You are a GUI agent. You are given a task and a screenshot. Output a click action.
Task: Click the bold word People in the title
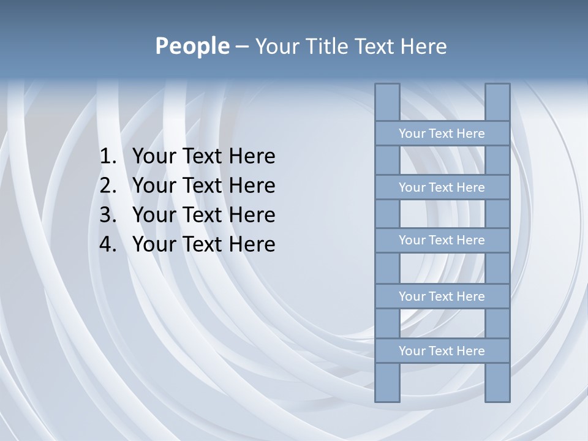[x=192, y=47]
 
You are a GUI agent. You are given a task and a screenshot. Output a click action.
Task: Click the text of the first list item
[x=203, y=157]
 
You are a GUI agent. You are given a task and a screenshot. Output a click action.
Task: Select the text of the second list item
[x=203, y=186]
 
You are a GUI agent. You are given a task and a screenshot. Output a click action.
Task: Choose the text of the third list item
[x=203, y=215]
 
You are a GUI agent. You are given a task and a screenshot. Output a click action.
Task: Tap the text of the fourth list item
[x=203, y=244]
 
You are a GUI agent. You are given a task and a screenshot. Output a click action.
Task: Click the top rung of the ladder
[x=442, y=134]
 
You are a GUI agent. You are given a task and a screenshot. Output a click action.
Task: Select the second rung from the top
[x=442, y=187]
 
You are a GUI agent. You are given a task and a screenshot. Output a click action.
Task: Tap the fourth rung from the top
[x=442, y=296]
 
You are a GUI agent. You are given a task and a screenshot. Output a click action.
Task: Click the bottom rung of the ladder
[x=442, y=351]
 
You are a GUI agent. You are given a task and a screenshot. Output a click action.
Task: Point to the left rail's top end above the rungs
[x=387, y=102]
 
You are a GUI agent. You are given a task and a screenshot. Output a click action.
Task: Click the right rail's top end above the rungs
[x=497, y=102]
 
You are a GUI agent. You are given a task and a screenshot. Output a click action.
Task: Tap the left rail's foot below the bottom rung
[x=387, y=383]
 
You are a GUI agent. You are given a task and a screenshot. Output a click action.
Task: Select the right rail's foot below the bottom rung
[x=497, y=383]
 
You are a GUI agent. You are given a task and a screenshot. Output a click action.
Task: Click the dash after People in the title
[x=241, y=47]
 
